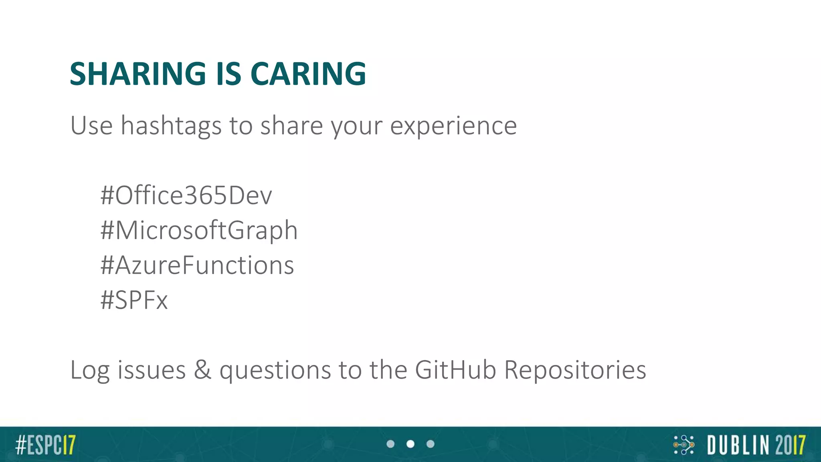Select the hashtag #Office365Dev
click(x=186, y=196)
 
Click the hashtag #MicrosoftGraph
click(x=199, y=231)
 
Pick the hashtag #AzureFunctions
click(x=197, y=265)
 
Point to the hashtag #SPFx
click(x=134, y=300)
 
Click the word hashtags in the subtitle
click(x=171, y=126)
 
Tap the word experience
click(x=453, y=126)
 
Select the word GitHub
click(x=455, y=369)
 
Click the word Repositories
click(x=575, y=369)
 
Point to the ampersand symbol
click(x=202, y=369)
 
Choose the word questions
click(x=275, y=370)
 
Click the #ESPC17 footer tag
click(x=45, y=445)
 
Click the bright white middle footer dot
click(x=410, y=444)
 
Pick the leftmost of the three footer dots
click(x=390, y=444)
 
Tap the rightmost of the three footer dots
click(x=431, y=444)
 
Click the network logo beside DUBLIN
click(x=684, y=445)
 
